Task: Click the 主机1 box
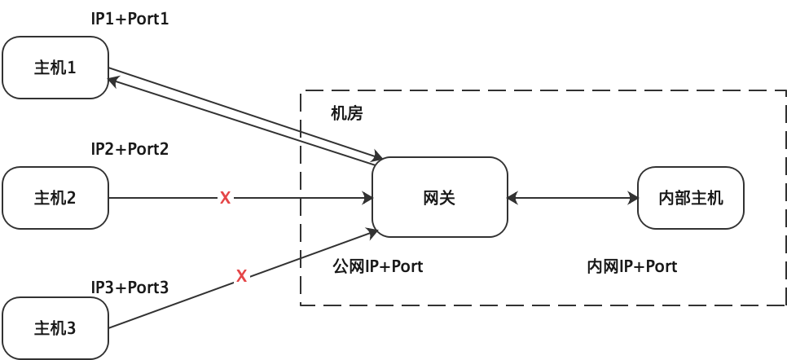55,68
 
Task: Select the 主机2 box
55,198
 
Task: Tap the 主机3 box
55,328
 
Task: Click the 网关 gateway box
439,197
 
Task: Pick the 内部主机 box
690,198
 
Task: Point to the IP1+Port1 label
130,19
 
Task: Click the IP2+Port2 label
130,149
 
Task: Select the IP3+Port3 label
130,287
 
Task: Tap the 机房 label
346,113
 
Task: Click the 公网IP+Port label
378,266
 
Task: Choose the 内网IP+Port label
632,266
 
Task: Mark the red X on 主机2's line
226,198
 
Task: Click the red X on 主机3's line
242,276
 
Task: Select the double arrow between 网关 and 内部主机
572,198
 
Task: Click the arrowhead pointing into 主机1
114,80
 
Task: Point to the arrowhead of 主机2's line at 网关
367,198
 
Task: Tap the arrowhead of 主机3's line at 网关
374,234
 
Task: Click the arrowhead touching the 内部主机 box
633,198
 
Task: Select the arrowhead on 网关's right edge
512,198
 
